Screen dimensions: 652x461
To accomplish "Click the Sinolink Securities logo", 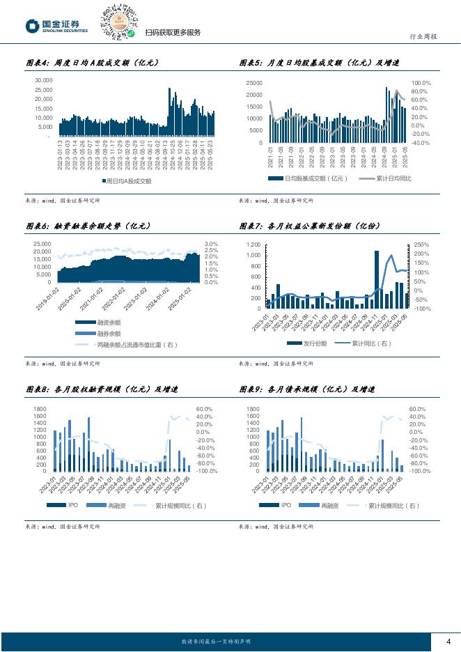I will tap(57, 27).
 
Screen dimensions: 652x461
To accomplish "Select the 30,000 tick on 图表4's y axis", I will tap(43, 81).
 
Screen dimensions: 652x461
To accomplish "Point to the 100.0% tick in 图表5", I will tap(421, 83).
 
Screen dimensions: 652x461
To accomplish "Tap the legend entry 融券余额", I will tap(109, 333).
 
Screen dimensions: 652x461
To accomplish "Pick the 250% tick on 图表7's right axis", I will tap(422, 244).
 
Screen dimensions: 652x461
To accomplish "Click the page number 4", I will tap(448, 642).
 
